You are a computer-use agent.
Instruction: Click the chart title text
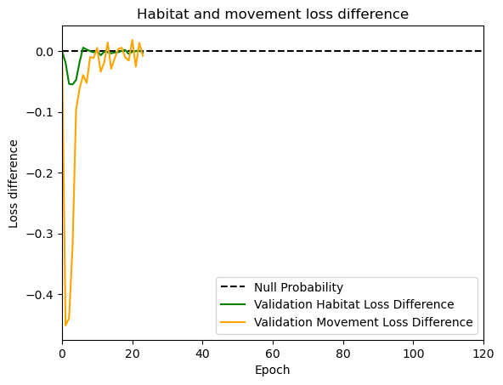coord(273,14)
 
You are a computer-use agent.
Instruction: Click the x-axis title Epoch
coord(273,370)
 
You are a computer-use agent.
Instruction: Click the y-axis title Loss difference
coord(13,184)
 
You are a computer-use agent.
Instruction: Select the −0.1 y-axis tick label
coord(40,113)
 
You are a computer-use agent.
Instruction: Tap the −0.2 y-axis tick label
coord(40,173)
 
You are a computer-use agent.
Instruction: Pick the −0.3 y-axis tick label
coord(40,234)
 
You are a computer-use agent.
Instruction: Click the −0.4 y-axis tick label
coord(40,295)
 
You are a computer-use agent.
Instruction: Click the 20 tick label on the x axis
coord(133,354)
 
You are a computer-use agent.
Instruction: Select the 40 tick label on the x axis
coord(203,354)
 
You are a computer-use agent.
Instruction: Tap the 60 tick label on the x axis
coord(273,354)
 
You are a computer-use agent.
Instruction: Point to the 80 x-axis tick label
coord(343,354)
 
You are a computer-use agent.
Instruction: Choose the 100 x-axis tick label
coord(414,354)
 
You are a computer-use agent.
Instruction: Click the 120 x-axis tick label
coord(483,354)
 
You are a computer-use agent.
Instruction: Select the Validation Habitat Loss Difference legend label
coord(354,304)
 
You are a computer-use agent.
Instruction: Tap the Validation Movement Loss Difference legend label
coord(364,322)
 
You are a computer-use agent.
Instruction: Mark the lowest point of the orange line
coord(65,326)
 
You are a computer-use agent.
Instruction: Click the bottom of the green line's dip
coord(71,84)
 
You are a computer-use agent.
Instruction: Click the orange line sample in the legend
coord(233,322)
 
